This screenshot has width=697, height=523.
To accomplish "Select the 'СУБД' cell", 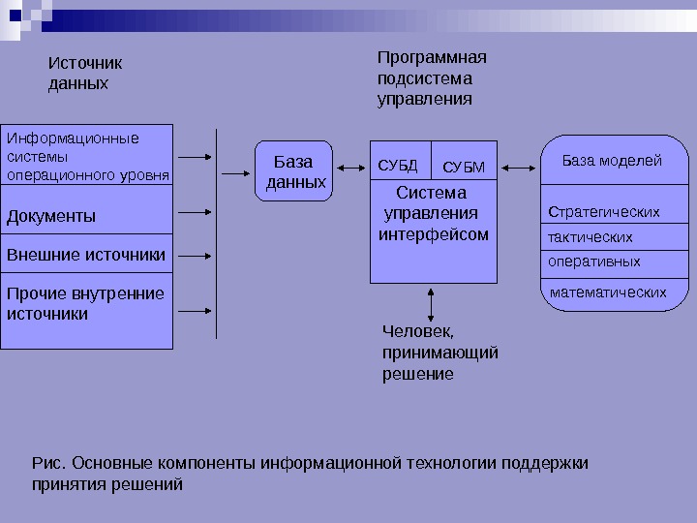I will click(x=398, y=166).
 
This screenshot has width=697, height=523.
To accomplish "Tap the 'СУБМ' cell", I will click(x=463, y=167).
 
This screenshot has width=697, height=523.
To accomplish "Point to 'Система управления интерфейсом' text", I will click(x=434, y=214).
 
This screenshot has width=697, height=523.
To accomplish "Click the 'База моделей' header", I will click(x=612, y=161).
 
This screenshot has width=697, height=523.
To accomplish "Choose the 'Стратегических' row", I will click(x=605, y=211).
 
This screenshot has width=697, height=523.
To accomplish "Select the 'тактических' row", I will click(x=591, y=236).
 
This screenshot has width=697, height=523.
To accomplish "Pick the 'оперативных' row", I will click(x=595, y=261).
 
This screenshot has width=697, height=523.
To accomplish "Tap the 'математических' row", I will click(x=608, y=292).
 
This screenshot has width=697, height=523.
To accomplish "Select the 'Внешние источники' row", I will click(x=87, y=256).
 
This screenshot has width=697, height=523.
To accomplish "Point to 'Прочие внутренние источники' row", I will click(x=86, y=304).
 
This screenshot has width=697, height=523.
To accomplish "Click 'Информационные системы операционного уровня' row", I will click(x=87, y=156).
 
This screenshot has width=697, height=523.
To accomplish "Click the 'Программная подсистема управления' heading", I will click(x=432, y=77).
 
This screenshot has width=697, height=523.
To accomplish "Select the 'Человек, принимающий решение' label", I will click(x=440, y=352).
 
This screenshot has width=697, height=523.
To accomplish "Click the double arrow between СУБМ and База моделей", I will click(x=519, y=169).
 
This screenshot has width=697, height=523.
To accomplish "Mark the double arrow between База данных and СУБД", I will click(x=348, y=169).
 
